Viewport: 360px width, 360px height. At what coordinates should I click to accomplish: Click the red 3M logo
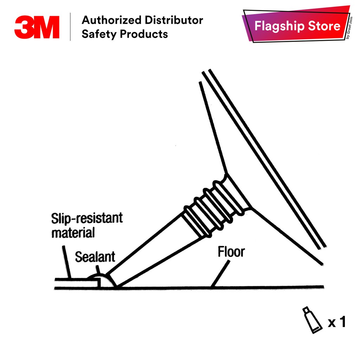click(37, 27)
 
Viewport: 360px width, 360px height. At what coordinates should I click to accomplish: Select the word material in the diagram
click(73, 232)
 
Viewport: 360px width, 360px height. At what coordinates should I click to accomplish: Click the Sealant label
click(95, 257)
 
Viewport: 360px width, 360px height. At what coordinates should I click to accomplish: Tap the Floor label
click(231, 252)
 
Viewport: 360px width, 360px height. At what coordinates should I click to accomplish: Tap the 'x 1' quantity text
click(337, 322)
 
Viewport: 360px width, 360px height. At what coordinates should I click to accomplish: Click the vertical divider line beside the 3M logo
click(70, 27)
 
